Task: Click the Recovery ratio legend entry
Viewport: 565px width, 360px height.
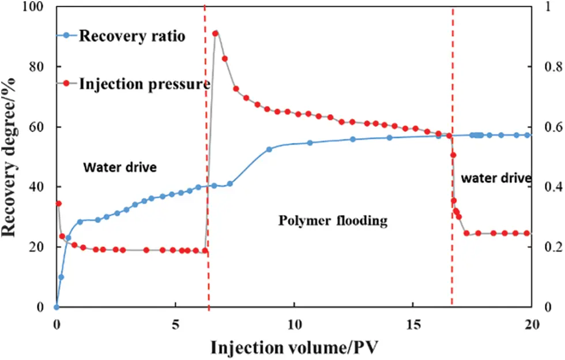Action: pyautogui.click(x=132, y=36)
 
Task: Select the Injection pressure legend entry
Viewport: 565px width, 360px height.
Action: pyautogui.click(x=144, y=84)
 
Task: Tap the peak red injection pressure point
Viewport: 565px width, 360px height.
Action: pyautogui.click(x=216, y=33)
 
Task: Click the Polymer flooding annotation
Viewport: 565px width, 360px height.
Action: pyautogui.click(x=333, y=221)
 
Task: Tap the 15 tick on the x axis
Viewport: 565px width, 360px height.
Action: pyautogui.click(x=412, y=324)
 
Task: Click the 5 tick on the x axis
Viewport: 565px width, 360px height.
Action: pyautogui.click(x=175, y=324)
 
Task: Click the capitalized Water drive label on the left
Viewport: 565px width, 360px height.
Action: pyautogui.click(x=120, y=168)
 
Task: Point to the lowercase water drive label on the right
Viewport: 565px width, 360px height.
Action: pyautogui.click(x=496, y=178)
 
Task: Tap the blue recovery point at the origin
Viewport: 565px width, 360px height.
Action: pyautogui.click(x=56, y=307)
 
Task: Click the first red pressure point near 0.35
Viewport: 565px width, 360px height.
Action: pyautogui.click(x=58, y=204)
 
